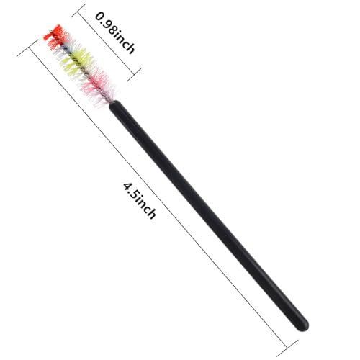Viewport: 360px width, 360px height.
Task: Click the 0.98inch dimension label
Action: (114, 33)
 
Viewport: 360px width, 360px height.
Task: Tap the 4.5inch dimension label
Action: (140, 201)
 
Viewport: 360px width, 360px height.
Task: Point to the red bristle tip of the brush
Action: (55, 36)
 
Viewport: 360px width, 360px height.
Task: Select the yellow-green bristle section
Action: (76, 62)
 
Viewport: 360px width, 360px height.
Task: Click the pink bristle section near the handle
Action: (97, 87)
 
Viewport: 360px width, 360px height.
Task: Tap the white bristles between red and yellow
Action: (62, 49)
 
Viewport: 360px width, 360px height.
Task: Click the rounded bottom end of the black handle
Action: (302, 325)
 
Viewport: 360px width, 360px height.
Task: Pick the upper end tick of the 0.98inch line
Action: (78, 11)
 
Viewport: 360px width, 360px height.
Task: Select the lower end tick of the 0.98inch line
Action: (135, 74)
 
